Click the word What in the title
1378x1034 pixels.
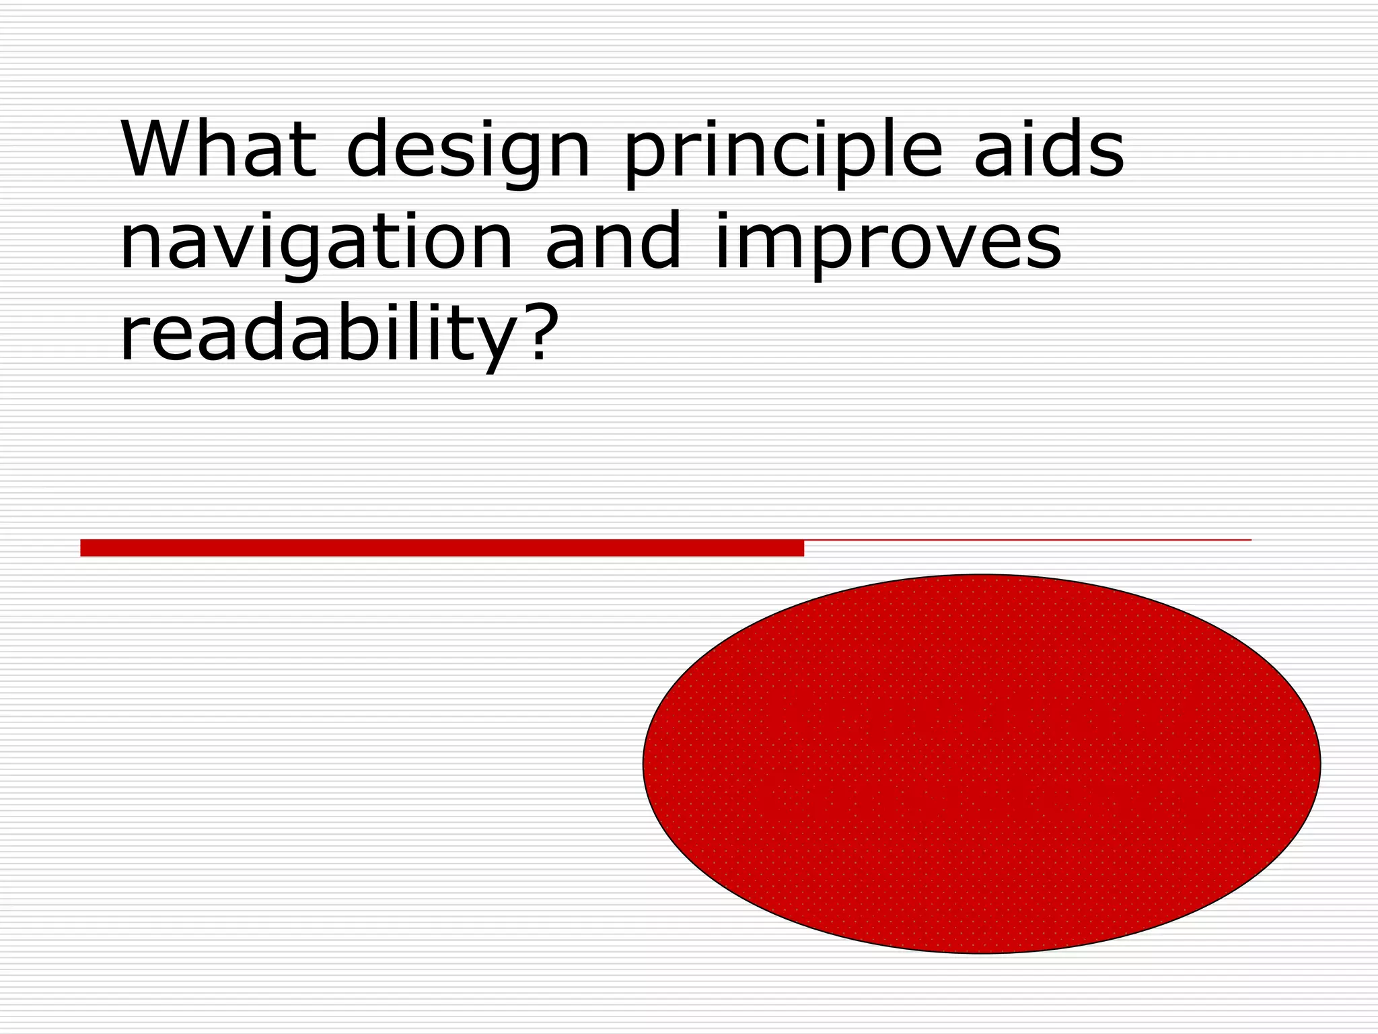pos(219,149)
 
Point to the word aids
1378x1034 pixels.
pos(1049,149)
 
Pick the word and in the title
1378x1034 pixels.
pos(614,241)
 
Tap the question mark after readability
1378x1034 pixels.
pos(542,330)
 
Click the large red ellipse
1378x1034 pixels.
pos(981,763)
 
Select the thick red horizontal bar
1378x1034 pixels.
pos(441,548)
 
